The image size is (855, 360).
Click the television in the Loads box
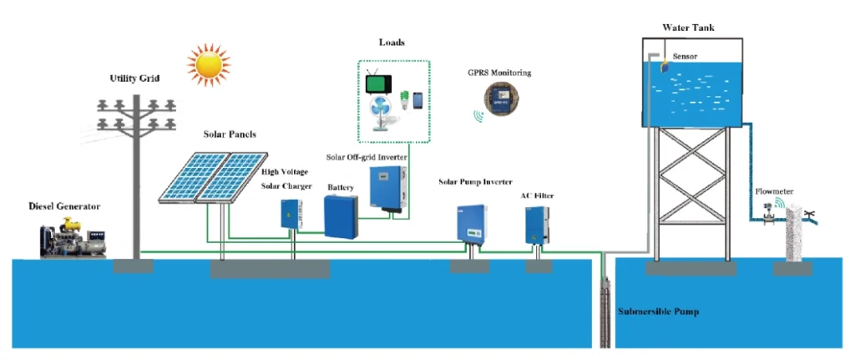coord(379,84)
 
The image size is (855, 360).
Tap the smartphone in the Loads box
coord(417,99)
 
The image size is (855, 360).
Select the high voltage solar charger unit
coord(291,214)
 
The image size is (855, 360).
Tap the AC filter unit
coord(536,224)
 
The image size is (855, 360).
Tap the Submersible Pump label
coord(658,312)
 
